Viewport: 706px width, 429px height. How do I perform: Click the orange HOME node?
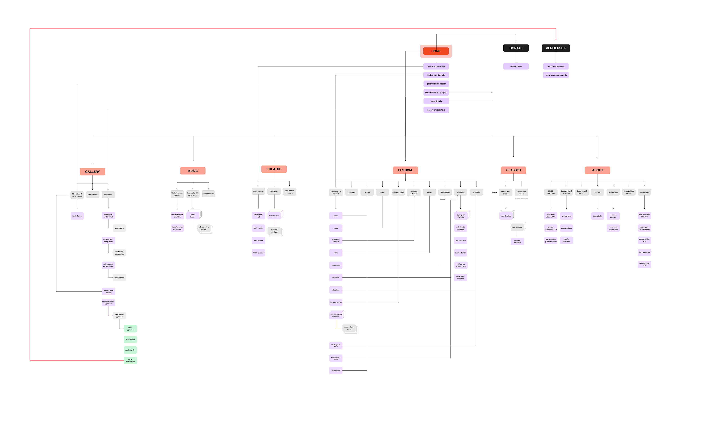tap(436, 51)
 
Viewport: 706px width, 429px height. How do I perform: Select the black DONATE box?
tap(516, 48)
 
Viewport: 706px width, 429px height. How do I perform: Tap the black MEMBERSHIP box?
tap(556, 48)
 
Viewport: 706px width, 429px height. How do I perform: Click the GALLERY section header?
tap(92, 172)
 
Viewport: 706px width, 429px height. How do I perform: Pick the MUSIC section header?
tap(192, 171)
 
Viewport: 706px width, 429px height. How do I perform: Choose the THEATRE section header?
tap(274, 169)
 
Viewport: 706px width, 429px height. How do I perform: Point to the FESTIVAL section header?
tap(405, 170)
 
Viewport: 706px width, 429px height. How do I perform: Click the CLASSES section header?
tap(513, 170)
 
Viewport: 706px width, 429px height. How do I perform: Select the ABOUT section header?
tap(597, 170)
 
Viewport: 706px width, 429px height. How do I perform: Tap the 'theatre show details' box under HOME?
tap(436, 67)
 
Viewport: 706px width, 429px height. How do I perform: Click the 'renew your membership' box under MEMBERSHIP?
tap(556, 75)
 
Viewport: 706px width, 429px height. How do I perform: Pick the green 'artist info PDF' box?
tap(130, 339)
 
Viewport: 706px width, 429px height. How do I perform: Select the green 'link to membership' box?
tap(130, 360)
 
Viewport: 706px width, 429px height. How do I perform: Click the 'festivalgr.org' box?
tap(77, 216)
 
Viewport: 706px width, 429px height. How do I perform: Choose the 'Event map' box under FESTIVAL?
tap(351, 192)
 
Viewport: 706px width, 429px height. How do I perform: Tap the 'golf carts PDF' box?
tap(460, 240)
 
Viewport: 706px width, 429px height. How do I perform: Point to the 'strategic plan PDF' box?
tap(644, 264)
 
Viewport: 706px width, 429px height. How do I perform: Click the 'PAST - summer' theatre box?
tap(258, 253)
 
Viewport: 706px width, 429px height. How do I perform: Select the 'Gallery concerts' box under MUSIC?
tap(208, 194)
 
